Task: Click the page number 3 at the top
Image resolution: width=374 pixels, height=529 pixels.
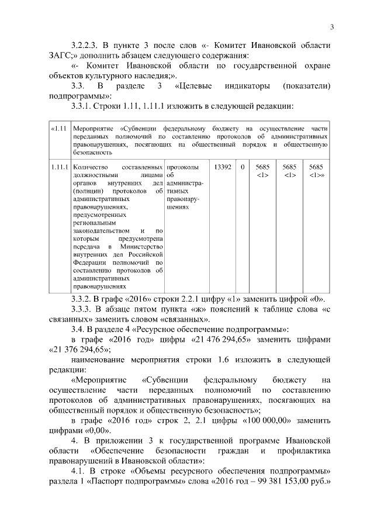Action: pos(331,27)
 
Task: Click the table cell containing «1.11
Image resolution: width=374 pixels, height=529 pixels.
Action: pos(58,128)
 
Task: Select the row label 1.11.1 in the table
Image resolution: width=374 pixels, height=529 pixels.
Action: pos(59,167)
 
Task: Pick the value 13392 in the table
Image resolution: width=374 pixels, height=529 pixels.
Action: pos(223,167)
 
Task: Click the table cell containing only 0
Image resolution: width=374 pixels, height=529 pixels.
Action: pos(242,167)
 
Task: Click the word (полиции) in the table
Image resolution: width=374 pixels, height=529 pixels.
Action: pos(85,191)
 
